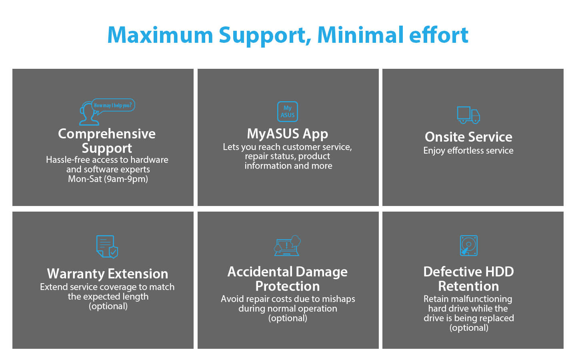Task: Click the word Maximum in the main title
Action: click(160, 35)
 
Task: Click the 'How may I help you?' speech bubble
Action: click(113, 106)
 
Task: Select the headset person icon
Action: click(88, 114)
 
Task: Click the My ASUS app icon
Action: click(288, 112)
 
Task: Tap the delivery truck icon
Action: click(468, 115)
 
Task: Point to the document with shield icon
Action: click(107, 246)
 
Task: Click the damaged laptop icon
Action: click(287, 246)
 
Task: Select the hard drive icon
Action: click(468, 246)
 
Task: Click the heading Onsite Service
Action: click(468, 137)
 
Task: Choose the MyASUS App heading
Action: click(288, 134)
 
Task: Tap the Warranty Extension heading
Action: click(108, 274)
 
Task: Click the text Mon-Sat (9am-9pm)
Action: click(108, 179)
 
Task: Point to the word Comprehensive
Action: click(107, 134)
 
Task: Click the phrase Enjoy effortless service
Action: click(468, 151)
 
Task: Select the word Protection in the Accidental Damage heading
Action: click(288, 286)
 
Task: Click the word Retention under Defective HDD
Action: click(468, 286)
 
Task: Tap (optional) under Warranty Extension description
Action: click(108, 306)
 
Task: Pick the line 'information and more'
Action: click(288, 166)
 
